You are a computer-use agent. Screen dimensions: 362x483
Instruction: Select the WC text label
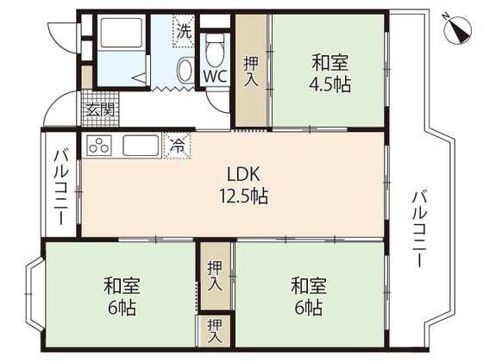point(215,75)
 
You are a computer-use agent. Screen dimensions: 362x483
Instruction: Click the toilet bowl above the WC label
point(215,48)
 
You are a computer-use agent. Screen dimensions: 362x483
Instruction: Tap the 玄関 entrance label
point(101,109)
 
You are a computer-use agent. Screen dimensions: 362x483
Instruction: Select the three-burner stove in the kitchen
point(100,145)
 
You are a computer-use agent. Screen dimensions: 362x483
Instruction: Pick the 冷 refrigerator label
point(176,145)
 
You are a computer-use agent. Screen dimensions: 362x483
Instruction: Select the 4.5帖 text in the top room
point(331,85)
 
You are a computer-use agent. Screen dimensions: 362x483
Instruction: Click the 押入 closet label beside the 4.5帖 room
point(252,72)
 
